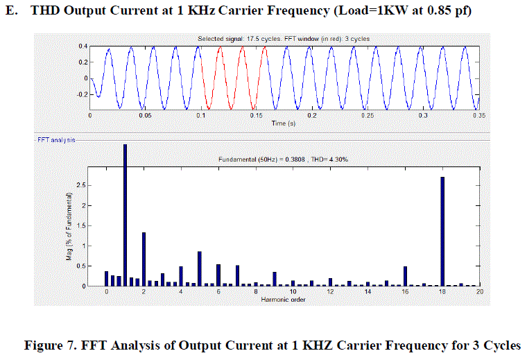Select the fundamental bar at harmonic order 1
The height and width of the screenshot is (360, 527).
pyautogui.click(x=126, y=215)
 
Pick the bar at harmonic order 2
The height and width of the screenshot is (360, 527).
pyautogui.click(x=144, y=259)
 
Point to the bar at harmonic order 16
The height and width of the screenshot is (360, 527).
pyautogui.click(x=405, y=276)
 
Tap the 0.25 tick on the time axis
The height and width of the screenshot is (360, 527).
pyautogui.click(x=367, y=116)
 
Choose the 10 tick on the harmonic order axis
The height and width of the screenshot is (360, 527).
pyautogui.click(x=293, y=292)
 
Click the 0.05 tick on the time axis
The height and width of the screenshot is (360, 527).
pyautogui.click(x=145, y=116)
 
